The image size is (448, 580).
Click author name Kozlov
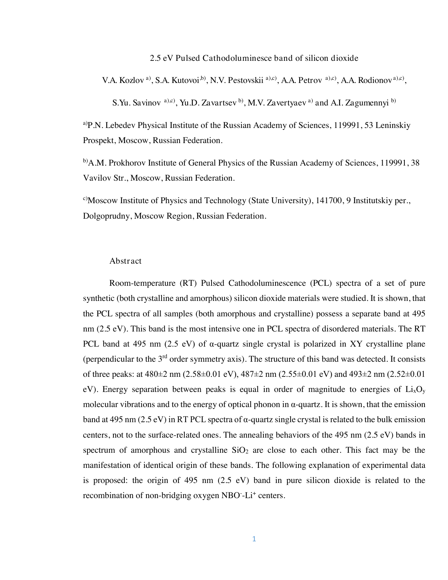131,80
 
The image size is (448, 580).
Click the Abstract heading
125,261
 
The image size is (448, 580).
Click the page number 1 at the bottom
254,539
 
